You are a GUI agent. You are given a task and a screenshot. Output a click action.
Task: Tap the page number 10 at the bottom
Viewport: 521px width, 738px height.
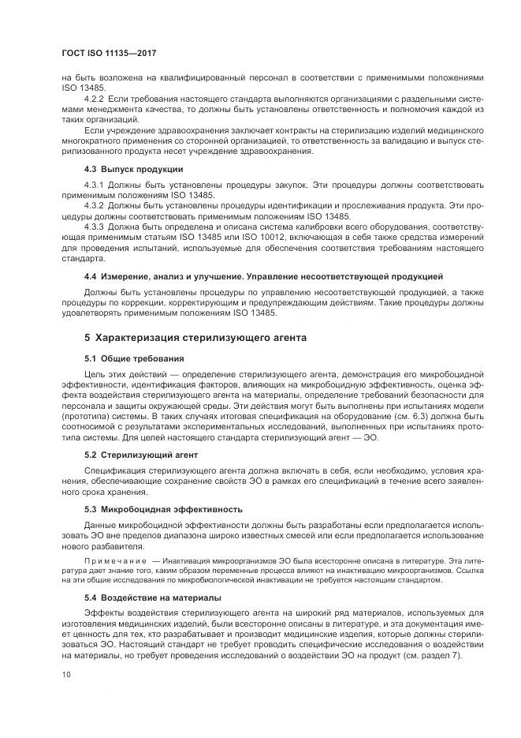coord(65,674)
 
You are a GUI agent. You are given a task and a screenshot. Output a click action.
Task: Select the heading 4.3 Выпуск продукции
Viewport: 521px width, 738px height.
coord(133,170)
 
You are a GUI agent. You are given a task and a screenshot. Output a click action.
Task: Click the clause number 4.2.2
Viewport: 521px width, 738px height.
coord(95,98)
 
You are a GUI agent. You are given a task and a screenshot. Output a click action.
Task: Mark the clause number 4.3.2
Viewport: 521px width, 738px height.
coord(95,205)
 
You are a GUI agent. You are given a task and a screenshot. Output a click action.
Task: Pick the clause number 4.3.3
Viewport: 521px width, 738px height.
coord(95,226)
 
